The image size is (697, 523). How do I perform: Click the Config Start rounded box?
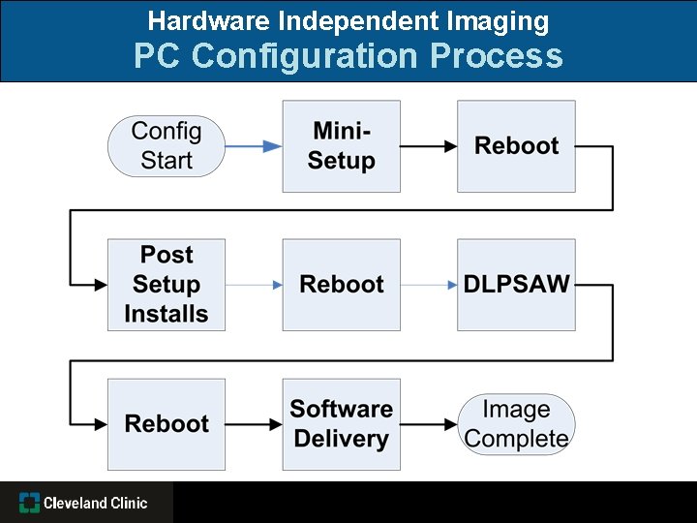[166, 146]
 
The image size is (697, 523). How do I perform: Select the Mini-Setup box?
[341, 146]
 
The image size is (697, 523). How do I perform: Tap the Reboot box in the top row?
[516, 146]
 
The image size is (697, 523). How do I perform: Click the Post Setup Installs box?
[166, 285]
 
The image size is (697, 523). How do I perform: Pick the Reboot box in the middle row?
[341, 285]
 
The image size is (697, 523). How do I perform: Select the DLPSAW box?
[516, 285]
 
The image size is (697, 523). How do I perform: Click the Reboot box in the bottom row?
[166, 424]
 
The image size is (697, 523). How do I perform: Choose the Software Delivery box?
[341, 424]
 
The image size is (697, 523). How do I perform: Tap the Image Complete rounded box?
[516, 424]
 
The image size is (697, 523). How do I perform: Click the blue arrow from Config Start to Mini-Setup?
[254, 146]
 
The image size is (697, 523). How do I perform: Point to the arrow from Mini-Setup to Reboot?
[429, 146]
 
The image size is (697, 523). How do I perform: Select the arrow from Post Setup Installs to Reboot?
[254, 285]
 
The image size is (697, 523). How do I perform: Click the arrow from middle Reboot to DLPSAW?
[429, 285]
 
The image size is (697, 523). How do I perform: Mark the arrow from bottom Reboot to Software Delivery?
[254, 424]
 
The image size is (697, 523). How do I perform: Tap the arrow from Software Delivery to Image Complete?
[429, 424]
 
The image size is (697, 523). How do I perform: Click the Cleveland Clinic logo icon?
[29, 503]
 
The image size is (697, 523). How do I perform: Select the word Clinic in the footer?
[128, 503]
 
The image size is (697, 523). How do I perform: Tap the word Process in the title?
[497, 56]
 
